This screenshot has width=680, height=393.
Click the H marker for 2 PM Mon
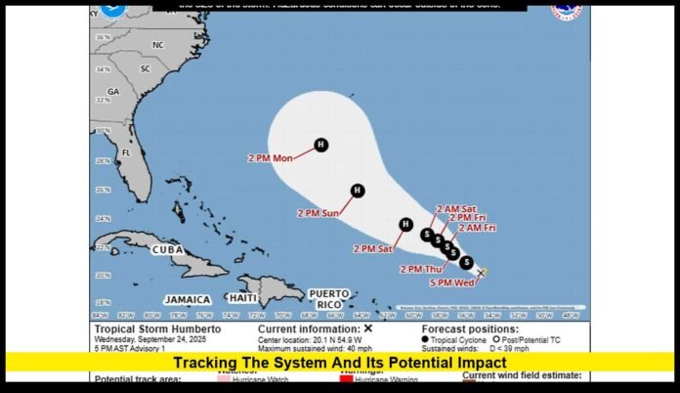coord(321,146)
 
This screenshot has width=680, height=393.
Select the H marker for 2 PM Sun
coord(358,191)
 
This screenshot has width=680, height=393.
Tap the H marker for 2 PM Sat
coord(405,225)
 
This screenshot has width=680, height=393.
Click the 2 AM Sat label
coord(456,208)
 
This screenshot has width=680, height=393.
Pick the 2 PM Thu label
coord(422,268)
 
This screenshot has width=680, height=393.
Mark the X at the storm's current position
coord(482,273)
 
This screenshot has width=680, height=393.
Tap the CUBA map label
coord(167,250)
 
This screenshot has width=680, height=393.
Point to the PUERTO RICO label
coord(328,297)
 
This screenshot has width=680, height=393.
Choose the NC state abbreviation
coord(158,45)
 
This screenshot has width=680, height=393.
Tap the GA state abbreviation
coord(113,91)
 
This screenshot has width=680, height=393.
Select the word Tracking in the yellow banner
coord(213,363)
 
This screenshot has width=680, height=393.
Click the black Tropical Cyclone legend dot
coord(425,339)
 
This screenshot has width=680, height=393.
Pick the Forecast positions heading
coord(465,329)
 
